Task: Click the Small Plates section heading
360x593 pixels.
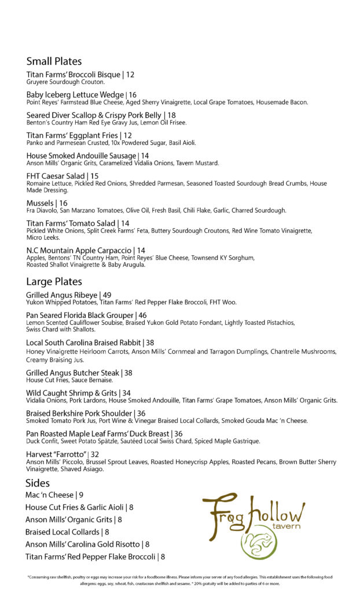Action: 54,61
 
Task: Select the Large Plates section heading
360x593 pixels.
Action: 54,282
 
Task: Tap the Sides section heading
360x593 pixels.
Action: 38,483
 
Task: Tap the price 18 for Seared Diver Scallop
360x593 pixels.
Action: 171,115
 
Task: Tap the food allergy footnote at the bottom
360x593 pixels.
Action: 180,580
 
